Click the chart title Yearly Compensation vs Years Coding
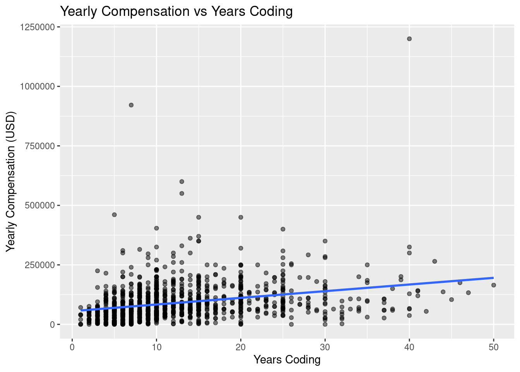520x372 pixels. coord(176,12)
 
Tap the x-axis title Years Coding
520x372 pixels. coord(287,360)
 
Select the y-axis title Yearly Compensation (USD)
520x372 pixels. coord(10,181)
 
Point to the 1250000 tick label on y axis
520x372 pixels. coord(38,27)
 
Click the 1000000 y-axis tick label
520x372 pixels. coord(38,86)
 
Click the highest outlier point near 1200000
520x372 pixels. coord(409,39)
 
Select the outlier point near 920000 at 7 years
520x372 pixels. coord(131,105)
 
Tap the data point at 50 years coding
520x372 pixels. coord(494,285)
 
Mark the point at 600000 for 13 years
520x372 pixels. coord(182,181)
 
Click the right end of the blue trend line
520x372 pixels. coord(493,278)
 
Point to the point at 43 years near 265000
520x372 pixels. coord(434,261)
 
